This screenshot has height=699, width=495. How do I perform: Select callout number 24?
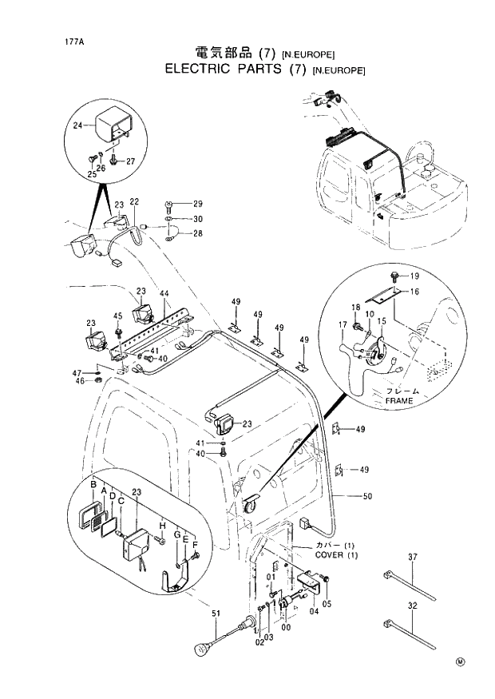click(77, 125)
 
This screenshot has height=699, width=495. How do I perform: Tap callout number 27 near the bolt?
click(131, 161)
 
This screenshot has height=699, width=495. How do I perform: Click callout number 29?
click(198, 204)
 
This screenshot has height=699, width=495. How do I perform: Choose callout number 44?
click(164, 293)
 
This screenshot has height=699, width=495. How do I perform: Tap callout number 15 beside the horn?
click(381, 321)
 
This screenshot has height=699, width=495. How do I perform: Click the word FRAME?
click(399, 400)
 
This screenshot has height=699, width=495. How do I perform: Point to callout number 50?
click(367, 497)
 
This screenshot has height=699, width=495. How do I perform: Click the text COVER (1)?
click(336, 554)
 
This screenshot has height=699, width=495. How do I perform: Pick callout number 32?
click(413, 606)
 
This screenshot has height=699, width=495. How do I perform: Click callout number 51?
click(215, 614)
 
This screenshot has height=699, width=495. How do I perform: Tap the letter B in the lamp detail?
click(93, 486)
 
